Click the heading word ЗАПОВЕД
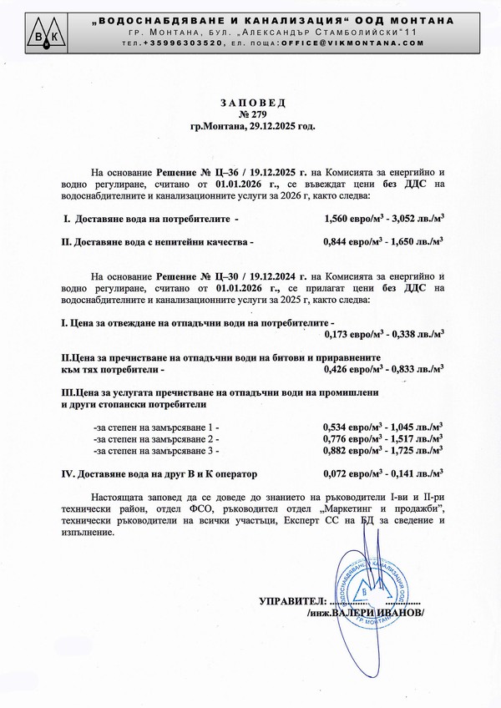click(253, 102)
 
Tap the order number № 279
click(253, 114)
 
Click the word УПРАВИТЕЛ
click(291, 601)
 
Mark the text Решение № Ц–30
click(191, 275)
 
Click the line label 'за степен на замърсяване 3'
click(155, 450)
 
